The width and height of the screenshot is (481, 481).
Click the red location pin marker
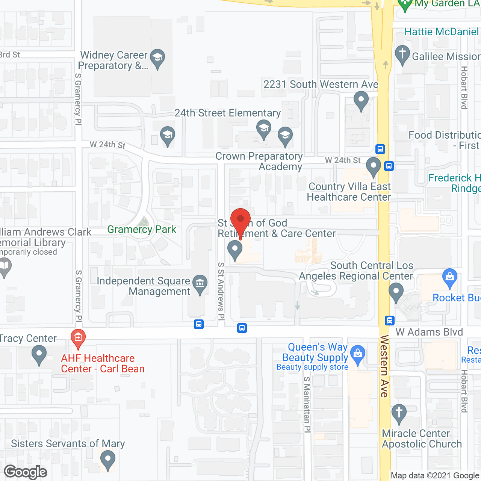(240, 220)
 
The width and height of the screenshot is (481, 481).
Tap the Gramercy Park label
(142, 229)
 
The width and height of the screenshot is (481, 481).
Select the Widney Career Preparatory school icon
(157, 58)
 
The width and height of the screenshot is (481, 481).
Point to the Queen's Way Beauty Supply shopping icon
(358, 354)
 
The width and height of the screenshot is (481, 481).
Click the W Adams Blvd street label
(429, 332)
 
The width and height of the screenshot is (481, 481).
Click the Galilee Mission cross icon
(402, 54)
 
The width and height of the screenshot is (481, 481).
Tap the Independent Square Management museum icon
(200, 284)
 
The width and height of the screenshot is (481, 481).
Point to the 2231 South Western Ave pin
(361, 101)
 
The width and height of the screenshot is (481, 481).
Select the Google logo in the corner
(26, 472)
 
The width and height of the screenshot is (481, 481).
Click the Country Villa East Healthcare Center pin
(373, 166)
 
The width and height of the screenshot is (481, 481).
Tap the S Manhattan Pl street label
(307, 404)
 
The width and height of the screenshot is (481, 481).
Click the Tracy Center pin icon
(39, 354)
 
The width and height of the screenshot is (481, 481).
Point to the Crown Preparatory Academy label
(259, 162)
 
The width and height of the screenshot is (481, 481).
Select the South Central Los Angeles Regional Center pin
(396, 292)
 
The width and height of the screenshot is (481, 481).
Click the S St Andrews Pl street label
(221, 291)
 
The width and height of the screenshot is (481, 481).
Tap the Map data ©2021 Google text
(435, 476)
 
